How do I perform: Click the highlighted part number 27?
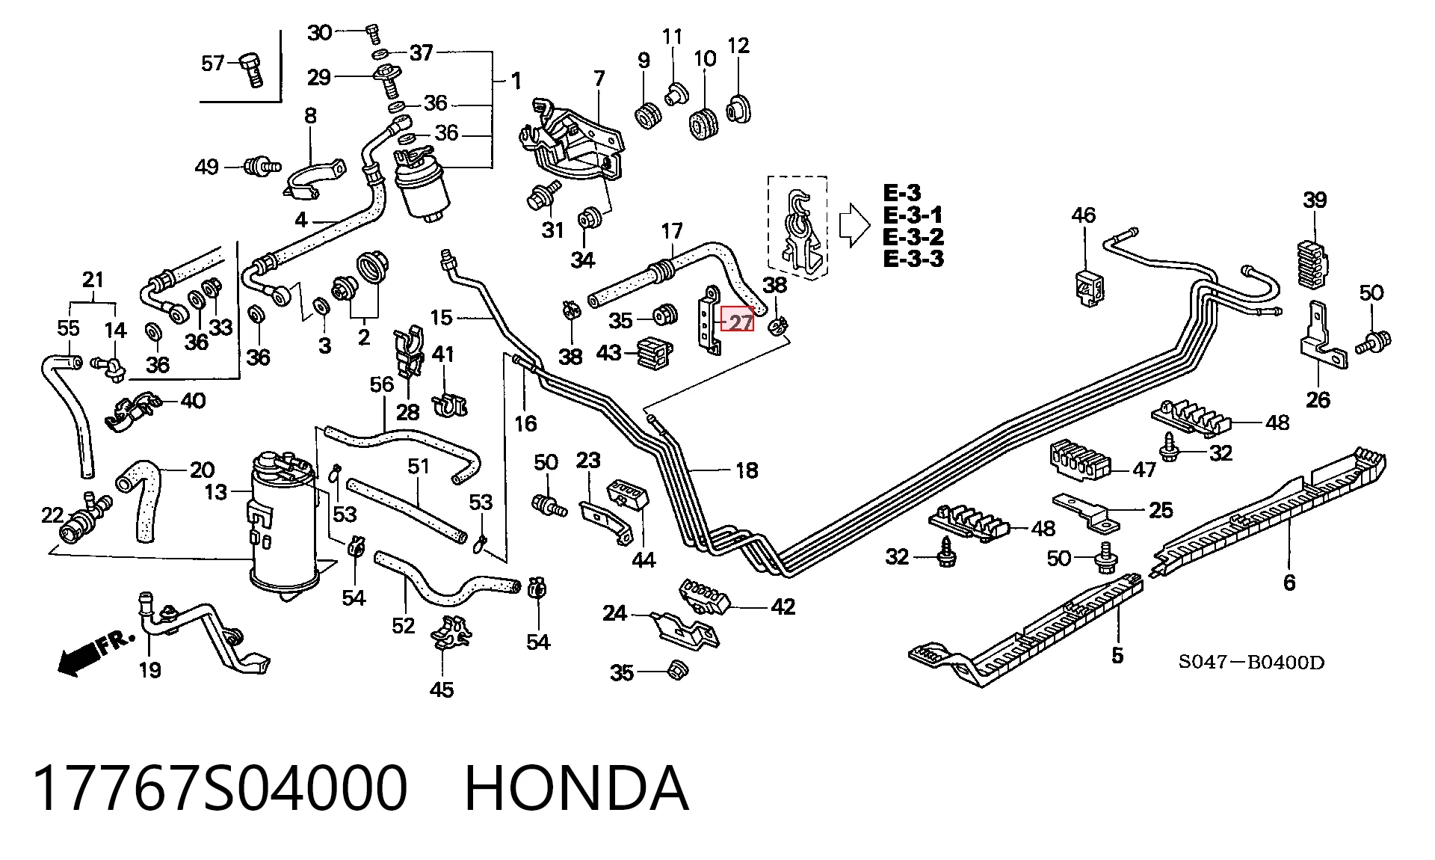tap(738, 322)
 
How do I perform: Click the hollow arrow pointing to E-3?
tap(854, 225)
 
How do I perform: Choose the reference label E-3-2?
tap(913, 237)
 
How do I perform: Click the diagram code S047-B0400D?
tap(1251, 663)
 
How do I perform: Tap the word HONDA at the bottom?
tap(576, 788)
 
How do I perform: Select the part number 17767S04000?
tap(220, 788)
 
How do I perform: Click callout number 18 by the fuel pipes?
tap(747, 470)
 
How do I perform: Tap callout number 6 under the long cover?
tap(1289, 583)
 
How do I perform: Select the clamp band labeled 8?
tap(315, 179)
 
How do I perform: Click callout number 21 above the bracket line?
tap(93, 280)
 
